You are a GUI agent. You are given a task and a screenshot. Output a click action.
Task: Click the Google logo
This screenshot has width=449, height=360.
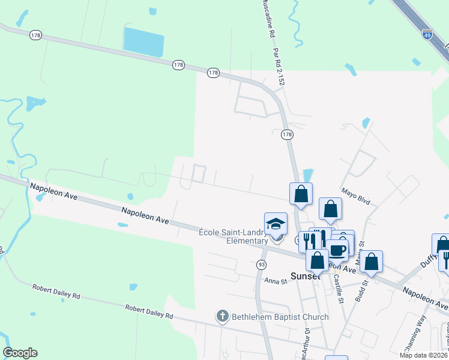[20, 353]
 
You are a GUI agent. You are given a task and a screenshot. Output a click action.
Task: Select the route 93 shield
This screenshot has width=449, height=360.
[261, 264]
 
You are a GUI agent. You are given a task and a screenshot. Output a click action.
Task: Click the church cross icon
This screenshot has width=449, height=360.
[223, 316]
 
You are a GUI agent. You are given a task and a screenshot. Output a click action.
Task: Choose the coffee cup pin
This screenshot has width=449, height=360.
[338, 250]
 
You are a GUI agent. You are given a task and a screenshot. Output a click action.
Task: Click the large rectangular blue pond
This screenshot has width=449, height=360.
[143, 42]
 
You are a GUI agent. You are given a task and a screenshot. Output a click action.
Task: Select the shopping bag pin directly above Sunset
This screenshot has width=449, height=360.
[317, 260]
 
